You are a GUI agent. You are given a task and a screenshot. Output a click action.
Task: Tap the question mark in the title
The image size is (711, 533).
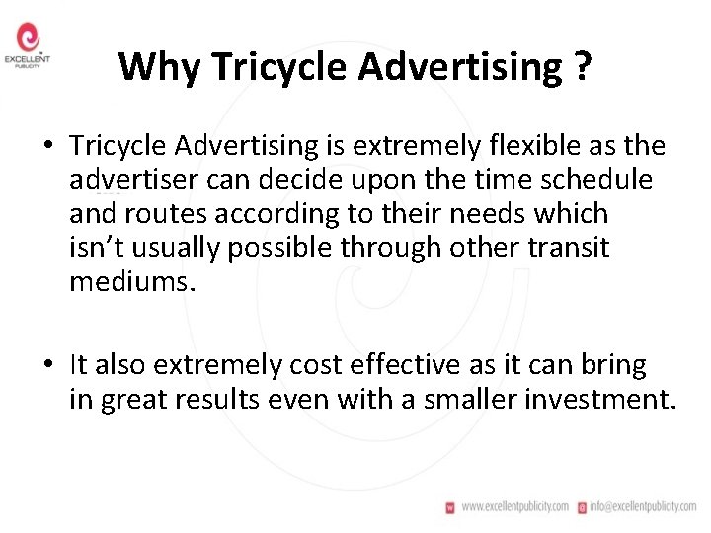[x=582, y=67]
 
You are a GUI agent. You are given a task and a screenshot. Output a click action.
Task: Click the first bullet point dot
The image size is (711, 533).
[x=46, y=147]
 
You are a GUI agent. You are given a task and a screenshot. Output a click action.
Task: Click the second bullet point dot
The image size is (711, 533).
[x=46, y=366]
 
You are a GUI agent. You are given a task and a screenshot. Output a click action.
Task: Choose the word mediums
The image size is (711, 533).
[x=132, y=282]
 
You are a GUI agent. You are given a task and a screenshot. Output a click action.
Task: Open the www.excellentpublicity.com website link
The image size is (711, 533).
[x=514, y=506]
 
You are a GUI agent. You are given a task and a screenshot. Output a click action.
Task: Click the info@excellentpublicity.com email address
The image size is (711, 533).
[x=644, y=506]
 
